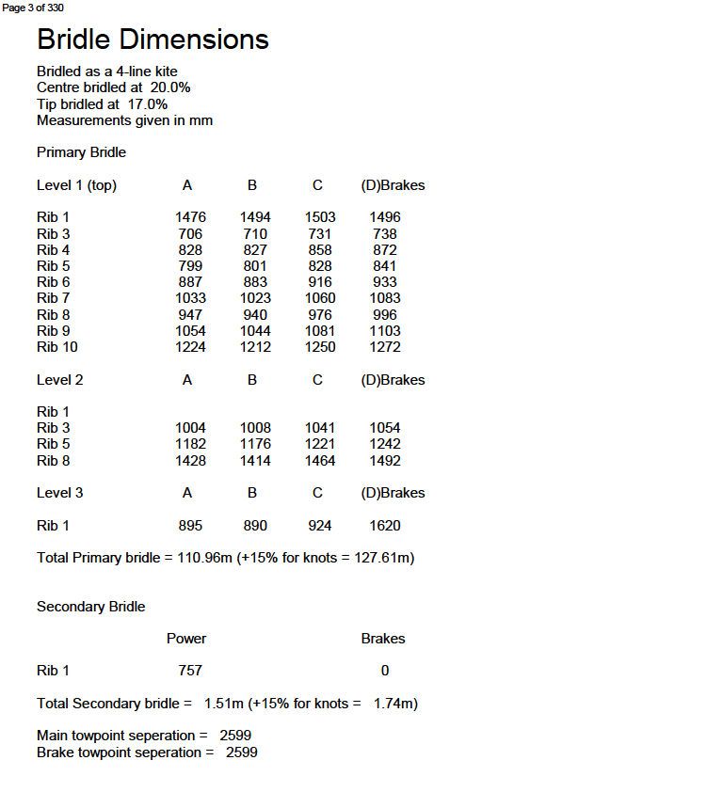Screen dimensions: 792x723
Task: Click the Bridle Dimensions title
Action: coord(153,40)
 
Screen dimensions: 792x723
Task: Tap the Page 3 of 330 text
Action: coord(34,8)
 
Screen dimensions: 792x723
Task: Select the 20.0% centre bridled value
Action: coord(170,87)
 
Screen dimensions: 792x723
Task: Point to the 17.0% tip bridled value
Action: coord(148,104)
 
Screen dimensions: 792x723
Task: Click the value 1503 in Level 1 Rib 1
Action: coord(320,217)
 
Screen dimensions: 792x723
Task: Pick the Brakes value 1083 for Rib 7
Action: coord(384,298)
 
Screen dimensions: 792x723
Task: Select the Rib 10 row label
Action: coord(56,347)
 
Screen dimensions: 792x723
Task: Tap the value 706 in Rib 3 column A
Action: coord(191,234)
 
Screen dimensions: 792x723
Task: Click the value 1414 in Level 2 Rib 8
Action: coord(255,461)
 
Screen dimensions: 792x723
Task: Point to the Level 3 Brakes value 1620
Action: coord(384,526)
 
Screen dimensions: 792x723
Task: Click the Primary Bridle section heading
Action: coord(81,152)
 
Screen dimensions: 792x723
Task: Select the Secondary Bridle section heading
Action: coord(90,607)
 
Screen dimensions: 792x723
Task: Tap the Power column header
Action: coord(186,639)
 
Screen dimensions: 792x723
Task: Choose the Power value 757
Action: coord(190,671)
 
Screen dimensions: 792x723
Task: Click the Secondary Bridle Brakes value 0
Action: coord(385,671)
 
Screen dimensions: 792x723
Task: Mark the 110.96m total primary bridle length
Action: coord(204,558)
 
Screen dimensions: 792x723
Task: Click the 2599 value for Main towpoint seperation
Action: coord(235,736)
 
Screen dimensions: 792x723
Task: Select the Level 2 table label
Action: coord(60,380)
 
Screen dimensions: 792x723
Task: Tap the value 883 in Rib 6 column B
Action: coord(255,282)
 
